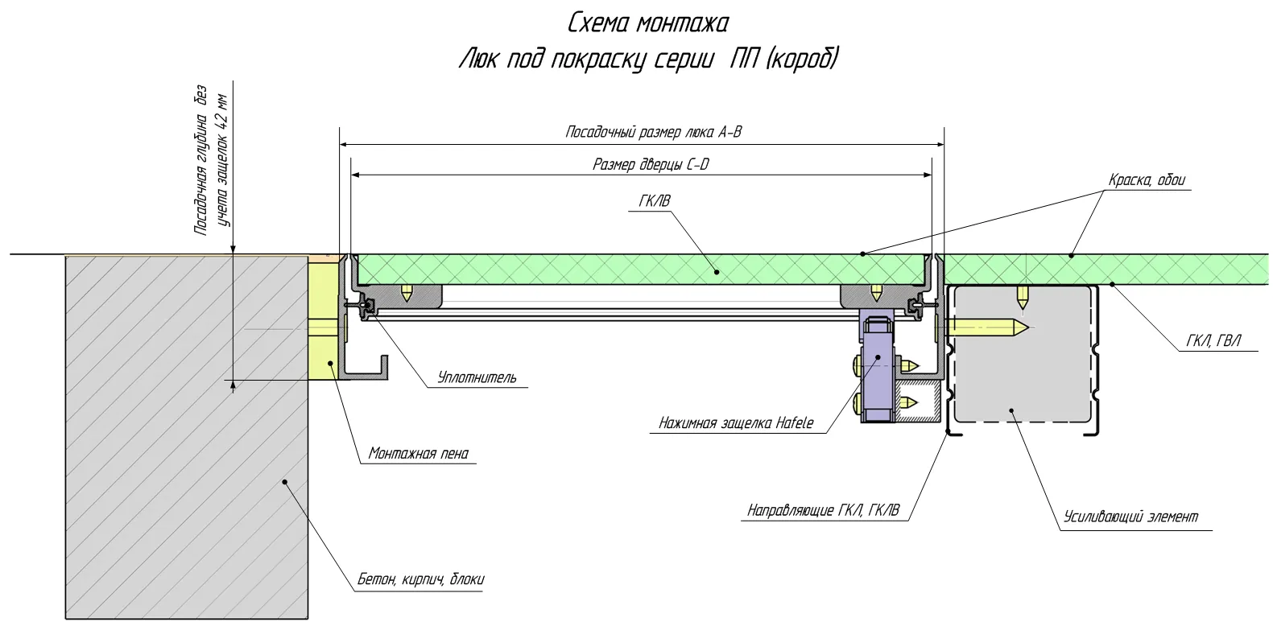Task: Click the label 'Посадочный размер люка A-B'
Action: click(653, 132)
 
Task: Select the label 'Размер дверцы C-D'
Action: click(651, 165)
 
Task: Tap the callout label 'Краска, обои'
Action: click(1147, 180)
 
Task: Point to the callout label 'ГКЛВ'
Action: click(655, 201)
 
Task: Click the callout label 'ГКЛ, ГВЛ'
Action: click(1213, 341)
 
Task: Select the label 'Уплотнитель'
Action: click(477, 377)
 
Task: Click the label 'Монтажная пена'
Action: click(418, 453)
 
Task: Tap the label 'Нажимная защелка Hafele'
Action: click(736, 423)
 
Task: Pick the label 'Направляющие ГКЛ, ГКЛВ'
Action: click(823, 511)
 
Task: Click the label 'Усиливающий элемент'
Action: click(1131, 517)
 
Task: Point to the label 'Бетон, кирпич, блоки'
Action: click(420, 580)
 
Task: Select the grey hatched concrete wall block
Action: click(187, 438)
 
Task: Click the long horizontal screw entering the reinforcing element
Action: click(986, 327)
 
